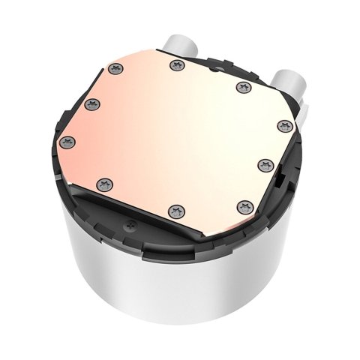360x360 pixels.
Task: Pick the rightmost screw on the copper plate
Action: (x=282, y=125)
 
